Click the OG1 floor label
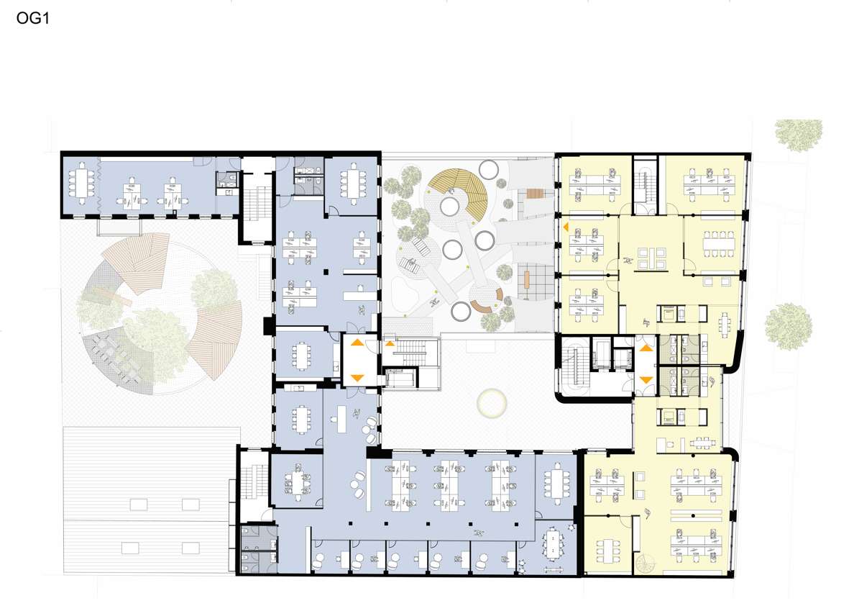point(32,19)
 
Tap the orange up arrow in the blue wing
point(357,343)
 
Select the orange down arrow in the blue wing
point(357,377)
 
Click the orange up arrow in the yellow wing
point(646,348)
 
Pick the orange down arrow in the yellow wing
point(646,379)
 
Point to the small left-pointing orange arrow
point(566,227)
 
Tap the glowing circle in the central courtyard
point(492,403)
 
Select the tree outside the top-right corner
point(799,134)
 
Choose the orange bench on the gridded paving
point(527,280)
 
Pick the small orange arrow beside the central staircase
point(390,343)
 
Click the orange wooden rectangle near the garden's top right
point(536,193)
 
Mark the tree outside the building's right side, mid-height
point(788,327)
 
